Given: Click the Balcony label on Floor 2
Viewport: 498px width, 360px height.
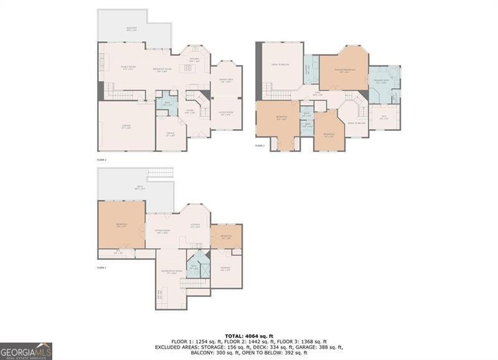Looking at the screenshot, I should [131, 29].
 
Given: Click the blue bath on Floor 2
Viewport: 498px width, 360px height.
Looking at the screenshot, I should [166, 105].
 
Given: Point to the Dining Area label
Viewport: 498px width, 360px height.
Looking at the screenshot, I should [225, 81].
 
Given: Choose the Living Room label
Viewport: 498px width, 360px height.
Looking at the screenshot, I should [225, 113].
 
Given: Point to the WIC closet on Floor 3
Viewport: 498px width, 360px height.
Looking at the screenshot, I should [381, 118].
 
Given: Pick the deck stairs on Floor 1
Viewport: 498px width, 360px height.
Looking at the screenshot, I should [161, 173].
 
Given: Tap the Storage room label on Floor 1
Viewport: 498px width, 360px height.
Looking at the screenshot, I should [225, 269].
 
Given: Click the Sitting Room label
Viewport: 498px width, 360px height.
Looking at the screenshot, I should [162, 232].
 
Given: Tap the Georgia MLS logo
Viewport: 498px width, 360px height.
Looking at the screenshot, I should [26, 351].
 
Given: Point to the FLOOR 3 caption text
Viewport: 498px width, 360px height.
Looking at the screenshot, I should [260, 145].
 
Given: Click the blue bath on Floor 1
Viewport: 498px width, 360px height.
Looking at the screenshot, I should [194, 267].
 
